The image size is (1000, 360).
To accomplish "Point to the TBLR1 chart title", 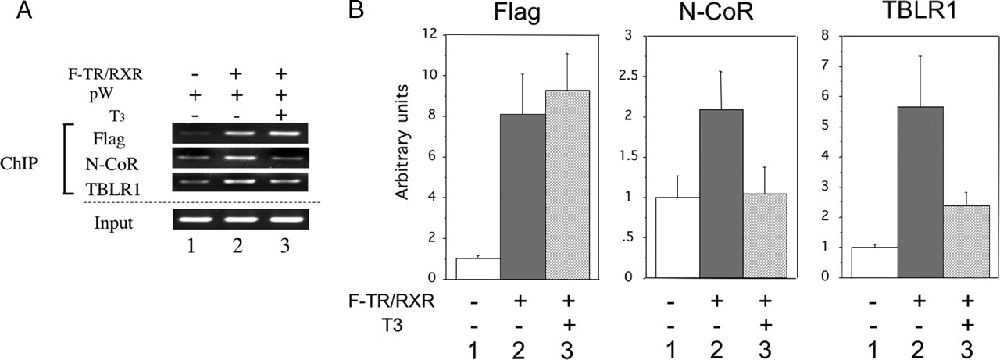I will (921, 15).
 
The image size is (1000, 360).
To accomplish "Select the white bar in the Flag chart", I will (478, 268).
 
